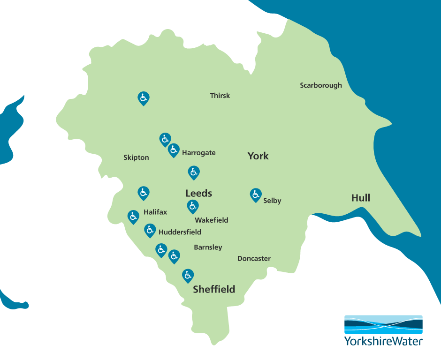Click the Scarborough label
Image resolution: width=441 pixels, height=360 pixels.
point(321,85)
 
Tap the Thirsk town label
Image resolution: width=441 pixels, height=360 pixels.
point(220,96)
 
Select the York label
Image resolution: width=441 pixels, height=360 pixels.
point(258,156)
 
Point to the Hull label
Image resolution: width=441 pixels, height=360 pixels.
point(361,198)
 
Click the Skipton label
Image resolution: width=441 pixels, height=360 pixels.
point(136,157)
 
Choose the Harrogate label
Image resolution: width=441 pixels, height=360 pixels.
point(199,153)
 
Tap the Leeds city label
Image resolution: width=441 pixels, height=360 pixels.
point(199,193)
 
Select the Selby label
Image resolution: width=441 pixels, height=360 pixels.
point(272,201)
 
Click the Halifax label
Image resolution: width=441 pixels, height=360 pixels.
point(155,212)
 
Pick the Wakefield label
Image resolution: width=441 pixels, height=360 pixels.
point(212,220)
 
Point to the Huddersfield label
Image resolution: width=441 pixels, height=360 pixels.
point(180,232)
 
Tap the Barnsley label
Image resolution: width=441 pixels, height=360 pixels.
point(208,247)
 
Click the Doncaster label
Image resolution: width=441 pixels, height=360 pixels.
point(254,258)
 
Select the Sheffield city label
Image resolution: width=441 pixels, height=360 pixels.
point(214,289)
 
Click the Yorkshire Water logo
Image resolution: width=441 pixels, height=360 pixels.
point(383,330)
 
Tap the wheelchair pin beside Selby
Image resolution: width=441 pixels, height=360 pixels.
point(255,194)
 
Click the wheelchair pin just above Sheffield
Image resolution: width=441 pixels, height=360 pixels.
point(188,275)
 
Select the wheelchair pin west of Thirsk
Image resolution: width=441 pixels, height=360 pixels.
point(144,97)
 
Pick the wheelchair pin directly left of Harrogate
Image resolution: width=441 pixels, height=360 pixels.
point(174,150)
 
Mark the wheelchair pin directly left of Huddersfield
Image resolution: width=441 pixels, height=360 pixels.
point(150,230)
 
